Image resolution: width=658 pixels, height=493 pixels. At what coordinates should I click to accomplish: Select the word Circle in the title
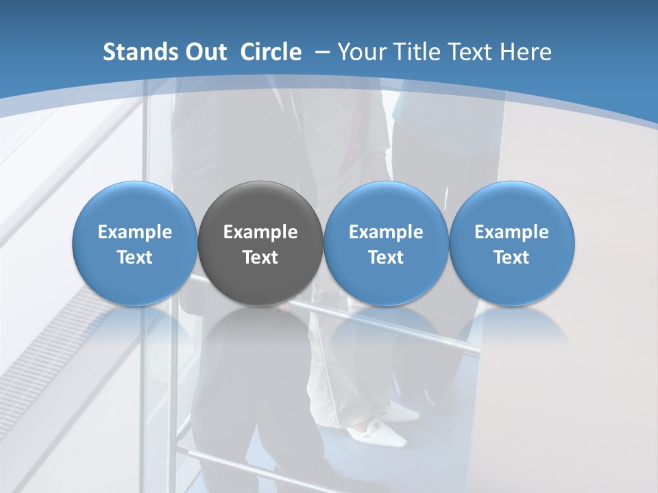coord(271,52)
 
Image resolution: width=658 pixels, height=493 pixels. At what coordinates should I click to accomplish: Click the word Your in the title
coord(361,52)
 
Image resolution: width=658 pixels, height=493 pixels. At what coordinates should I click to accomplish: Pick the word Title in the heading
coord(414,52)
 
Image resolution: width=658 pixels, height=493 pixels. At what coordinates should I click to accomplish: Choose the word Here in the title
coord(526,52)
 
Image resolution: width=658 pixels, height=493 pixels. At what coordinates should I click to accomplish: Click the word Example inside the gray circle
coord(260,232)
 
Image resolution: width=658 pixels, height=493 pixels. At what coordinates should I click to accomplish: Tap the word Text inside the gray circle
coord(260,257)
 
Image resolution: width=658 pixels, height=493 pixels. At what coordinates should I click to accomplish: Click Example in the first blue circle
coord(135,232)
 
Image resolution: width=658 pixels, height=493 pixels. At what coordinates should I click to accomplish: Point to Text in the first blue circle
coord(135,257)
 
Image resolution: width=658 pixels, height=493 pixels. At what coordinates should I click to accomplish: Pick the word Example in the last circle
coord(511,232)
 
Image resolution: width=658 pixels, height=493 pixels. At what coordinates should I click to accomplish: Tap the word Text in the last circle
coord(511,257)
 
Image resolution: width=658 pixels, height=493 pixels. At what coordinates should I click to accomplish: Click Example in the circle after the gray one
coord(386,232)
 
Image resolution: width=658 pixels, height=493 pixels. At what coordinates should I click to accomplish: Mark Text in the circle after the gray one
coord(386,257)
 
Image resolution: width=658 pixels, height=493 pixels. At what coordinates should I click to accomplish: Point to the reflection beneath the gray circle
coord(260,329)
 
